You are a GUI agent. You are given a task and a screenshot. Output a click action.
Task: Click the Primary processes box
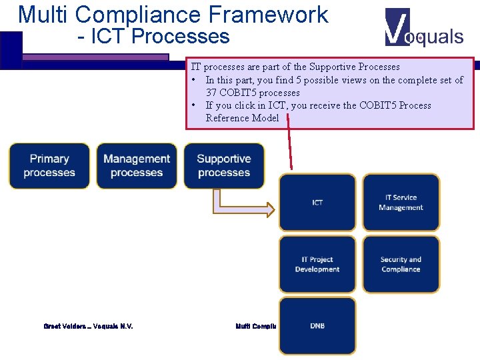click(x=49, y=166)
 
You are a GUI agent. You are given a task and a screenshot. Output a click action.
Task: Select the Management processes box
click(x=137, y=166)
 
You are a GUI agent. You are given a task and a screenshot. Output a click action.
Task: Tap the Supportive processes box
click(x=224, y=166)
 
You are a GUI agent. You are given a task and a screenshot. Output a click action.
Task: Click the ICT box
click(x=317, y=203)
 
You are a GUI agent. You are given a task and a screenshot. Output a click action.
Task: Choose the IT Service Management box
click(x=401, y=203)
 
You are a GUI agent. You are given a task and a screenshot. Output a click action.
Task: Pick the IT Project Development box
click(x=317, y=265)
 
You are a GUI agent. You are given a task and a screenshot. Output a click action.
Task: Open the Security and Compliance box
click(x=401, y=265)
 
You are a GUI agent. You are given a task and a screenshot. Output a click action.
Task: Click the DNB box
click(x=317, y=326)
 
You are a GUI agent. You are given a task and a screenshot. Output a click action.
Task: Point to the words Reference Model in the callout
click(x=243, y=118)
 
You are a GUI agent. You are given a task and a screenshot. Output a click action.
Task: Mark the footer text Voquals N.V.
click(x=113, y=326)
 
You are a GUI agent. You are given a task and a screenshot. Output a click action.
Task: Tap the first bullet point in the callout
click(x=193, y=80)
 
